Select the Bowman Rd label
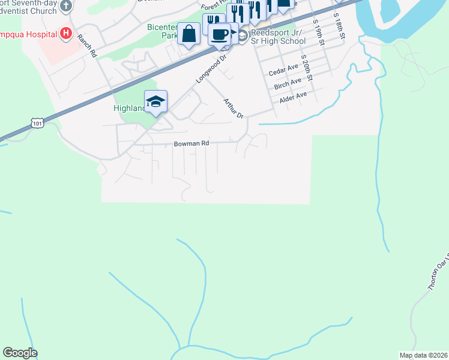click(191, 144)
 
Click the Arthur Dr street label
click(234, 108)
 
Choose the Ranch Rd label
click(87, 46)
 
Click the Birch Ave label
click(287, 83)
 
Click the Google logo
click(20, 353)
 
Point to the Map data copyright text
click(423, 355)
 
